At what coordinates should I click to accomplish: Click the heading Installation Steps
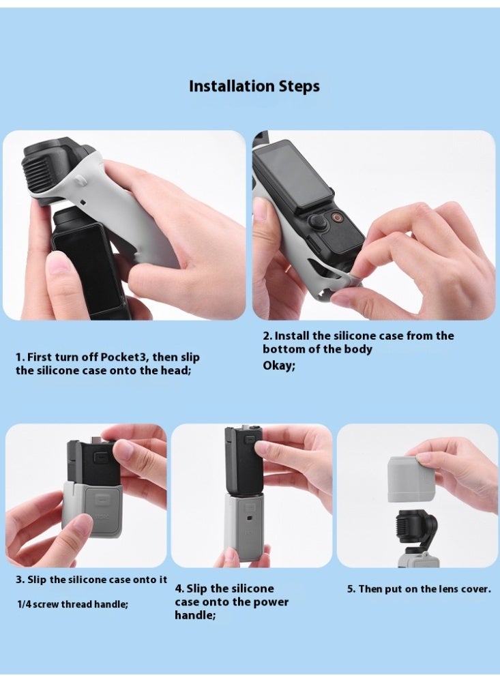254,87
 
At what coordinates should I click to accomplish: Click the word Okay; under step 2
279,366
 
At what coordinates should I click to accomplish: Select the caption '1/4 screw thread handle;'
72,604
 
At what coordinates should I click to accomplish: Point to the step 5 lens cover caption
419,589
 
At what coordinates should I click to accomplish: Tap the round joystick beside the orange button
319,222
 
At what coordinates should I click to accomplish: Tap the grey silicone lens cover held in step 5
411,479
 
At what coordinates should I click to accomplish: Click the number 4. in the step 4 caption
180,589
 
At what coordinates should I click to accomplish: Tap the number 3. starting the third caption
20,580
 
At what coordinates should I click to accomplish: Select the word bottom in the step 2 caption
281,349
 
